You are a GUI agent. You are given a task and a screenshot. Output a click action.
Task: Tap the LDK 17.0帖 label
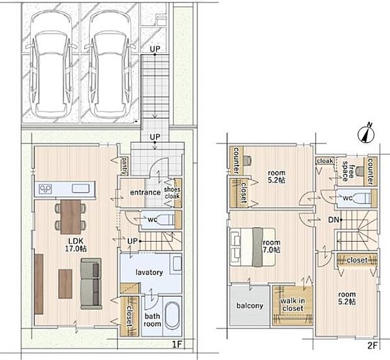76,245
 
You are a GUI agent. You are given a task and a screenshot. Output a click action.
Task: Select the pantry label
125,166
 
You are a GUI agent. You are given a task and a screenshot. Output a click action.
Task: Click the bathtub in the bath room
172,316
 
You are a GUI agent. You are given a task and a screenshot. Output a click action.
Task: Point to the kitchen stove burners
45,189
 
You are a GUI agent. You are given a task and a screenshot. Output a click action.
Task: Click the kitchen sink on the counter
81,188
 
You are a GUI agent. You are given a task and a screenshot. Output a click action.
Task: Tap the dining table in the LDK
70,217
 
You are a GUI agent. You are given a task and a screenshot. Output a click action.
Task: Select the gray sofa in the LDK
91,283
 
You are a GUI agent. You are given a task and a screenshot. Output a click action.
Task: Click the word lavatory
149,273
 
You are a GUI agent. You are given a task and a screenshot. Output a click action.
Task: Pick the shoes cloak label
172,193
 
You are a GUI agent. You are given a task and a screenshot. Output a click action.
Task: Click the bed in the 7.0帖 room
252,247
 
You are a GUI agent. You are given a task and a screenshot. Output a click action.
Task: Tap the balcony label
250,305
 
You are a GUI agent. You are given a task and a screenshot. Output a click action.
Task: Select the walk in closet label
292,305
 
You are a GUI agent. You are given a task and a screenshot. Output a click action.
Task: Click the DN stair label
333,220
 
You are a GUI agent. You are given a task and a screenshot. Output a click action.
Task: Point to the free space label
348,171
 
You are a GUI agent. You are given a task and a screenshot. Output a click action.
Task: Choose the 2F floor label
372,346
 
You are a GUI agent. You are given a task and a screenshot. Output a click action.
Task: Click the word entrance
145,193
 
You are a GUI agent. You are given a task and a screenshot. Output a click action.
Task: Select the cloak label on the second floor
325,161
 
